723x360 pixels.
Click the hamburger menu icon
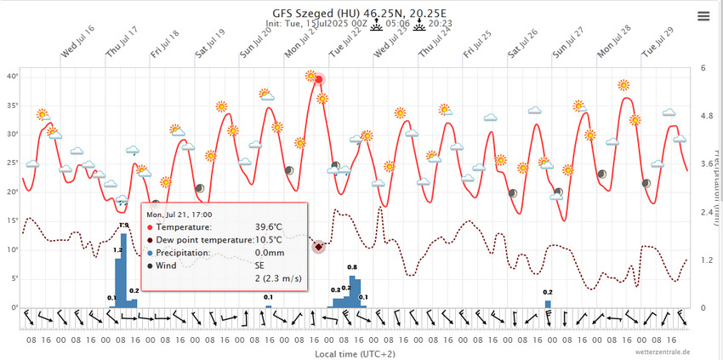[703, 16]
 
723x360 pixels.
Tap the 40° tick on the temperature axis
[12, 76]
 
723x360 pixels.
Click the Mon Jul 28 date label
[613, 41]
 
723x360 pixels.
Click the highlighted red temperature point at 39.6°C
[319, 80]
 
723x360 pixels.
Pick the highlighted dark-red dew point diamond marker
[318, 247]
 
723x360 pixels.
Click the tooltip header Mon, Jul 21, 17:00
[179, 215]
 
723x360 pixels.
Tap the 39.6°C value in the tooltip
[270, 227]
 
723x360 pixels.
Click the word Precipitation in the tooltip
[185, 253]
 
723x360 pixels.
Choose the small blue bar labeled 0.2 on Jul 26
[548, 303]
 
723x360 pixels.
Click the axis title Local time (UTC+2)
[355, 352]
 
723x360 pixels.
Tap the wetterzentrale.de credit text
[662, 351]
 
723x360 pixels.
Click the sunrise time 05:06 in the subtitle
[398, 25]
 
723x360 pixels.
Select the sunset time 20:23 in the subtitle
[441, 25]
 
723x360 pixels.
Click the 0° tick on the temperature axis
[14, 307]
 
